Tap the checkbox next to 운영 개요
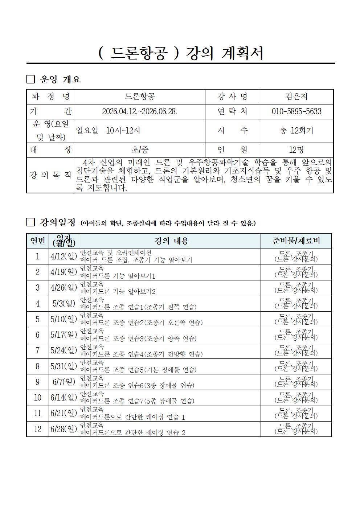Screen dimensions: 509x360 click(31, 79)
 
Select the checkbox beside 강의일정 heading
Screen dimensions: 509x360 click(31, 222)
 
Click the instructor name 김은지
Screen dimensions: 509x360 click(296, 97)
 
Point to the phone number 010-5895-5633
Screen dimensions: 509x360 click(296, 111)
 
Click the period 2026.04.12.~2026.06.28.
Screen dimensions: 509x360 click(140, 111)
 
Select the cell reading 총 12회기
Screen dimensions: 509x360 click(296, 131)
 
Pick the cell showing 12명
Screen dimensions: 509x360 click(296, 149)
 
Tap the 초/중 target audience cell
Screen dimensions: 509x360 click(140, 149)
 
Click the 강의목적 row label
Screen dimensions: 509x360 click(50, 175)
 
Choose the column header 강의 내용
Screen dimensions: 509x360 click(169, 241)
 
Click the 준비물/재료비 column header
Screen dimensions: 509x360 click(296, 241)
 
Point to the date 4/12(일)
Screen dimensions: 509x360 click(64, 256)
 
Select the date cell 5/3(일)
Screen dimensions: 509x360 click(64, 303)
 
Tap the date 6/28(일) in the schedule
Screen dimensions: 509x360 click(64, 429)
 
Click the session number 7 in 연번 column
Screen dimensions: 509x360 click(37, 350)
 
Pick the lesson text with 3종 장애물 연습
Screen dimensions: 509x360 click(137, 385)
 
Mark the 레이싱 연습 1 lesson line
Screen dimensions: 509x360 click(132, 417)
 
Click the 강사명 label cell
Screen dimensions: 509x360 click(232, 97)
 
